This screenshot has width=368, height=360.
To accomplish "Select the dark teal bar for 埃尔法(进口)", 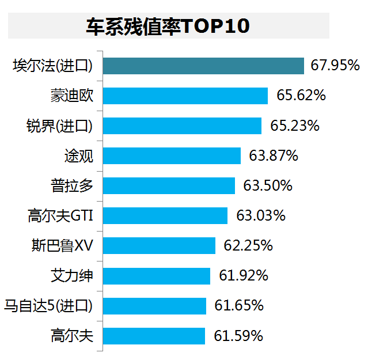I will coord(204,66).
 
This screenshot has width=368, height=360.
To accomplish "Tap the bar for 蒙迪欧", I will coord(185,96).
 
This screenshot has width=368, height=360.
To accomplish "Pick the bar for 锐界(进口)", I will coord(183,126).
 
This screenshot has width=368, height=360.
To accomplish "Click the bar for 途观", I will coord(172,156).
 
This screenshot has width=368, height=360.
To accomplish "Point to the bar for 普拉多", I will coord(169,185).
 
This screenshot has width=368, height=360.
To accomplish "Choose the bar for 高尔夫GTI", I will coord(166,215).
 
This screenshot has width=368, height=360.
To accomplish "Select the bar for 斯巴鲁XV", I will coord(160,245).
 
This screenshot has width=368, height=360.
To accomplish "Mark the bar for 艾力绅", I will coord(157,275).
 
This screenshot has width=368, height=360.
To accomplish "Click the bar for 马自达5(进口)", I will coord(155,305).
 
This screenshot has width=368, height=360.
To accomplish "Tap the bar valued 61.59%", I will coord(154,335).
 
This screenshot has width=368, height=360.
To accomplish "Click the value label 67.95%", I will coord(335,65).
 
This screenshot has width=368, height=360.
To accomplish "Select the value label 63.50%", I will coord(268,186).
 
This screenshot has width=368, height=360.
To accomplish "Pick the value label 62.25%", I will coord(248,246).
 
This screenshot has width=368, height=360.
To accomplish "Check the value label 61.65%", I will coord(239,305).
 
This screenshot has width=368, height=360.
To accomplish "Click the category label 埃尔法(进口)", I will coord(53,66).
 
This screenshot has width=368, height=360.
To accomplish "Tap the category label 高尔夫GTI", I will coord(60,216).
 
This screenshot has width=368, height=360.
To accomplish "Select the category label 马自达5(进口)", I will coord(48,305).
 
